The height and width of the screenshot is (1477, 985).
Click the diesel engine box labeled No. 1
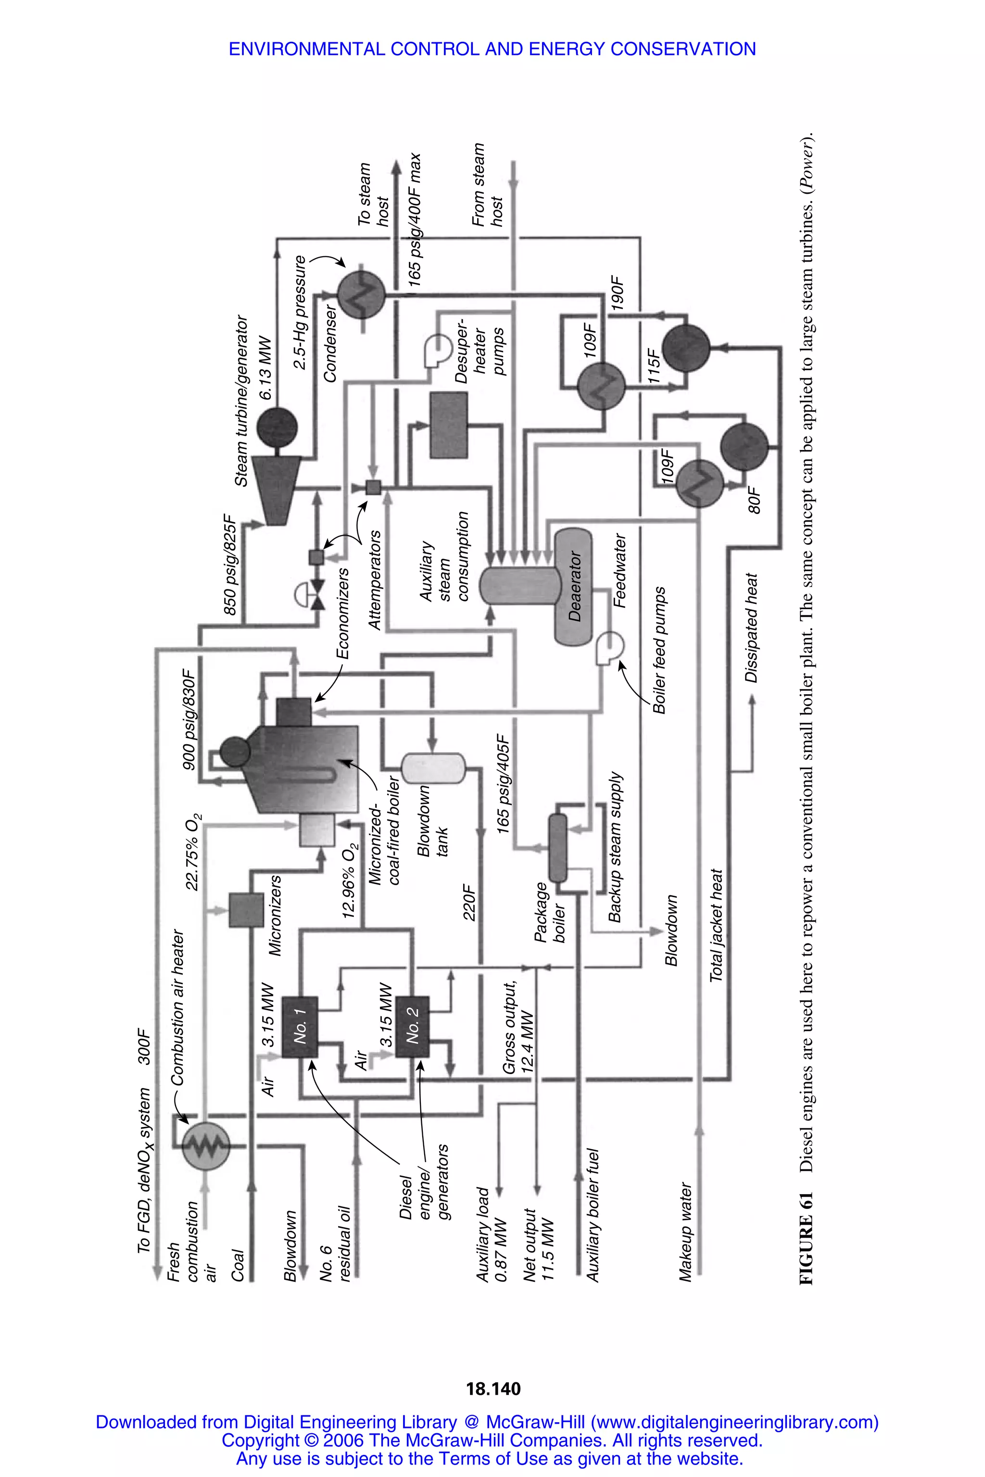(x=300, y=1027)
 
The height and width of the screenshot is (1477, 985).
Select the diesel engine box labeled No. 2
(x=413, y=1027)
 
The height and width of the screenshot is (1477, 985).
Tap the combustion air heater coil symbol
(x=205, y=1147)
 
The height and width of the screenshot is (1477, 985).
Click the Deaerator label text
(x=575, y=587)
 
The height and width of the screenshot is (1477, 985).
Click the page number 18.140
(x=493, y=1389)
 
